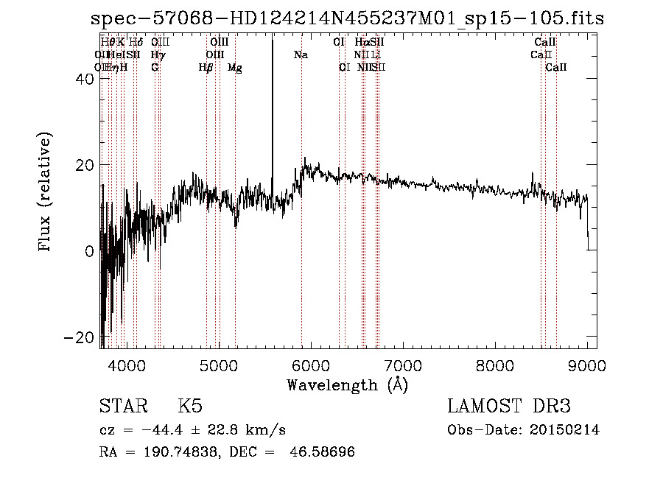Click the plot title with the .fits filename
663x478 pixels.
tap(346, 18)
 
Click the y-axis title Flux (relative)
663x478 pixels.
tap(46, 193)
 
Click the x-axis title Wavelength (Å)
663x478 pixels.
tap(347, 384)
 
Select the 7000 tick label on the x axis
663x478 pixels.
tap(403, 365)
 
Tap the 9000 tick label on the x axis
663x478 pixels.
tap(587, 365)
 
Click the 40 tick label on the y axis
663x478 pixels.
tap(84, 80)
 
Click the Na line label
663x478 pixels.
tap(301, 55)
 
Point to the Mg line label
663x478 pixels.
tap(235, 68)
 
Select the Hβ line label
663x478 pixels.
tap(206, 68)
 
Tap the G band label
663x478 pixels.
tap(155, 68)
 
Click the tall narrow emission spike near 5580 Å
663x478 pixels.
tap(273, 110)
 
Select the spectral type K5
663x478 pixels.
tap(190, 407)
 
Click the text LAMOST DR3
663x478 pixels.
tap(509, 407)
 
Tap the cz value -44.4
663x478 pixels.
tap(175, 430)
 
